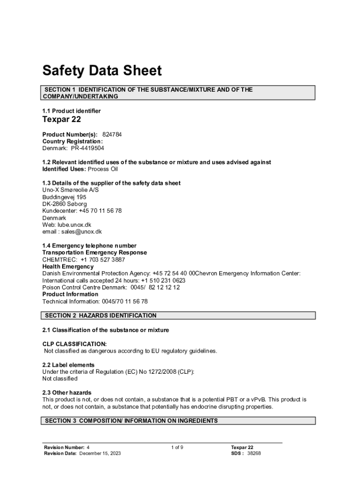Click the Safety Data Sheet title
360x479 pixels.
[102, 71]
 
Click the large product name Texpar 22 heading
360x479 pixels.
[62, 120]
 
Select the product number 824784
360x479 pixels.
[112, 134]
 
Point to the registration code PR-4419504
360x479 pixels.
[87, 148]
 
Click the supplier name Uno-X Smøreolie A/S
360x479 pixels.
[71, 190]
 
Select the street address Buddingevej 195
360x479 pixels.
[65, 197]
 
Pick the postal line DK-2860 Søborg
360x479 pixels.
[65, 204]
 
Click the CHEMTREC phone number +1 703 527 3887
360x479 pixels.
[103, 260]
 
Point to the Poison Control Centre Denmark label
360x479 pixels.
[84, 288]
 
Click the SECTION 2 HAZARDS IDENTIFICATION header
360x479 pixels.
[101, 316]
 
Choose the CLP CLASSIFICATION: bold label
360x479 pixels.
[74, 344]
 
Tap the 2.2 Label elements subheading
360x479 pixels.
[68, 365]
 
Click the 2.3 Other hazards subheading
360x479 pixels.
[67, 392]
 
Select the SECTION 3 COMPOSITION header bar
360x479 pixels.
[131, 421]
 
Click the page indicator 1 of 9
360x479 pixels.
[177, 448]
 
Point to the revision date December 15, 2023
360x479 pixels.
[100, 454]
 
